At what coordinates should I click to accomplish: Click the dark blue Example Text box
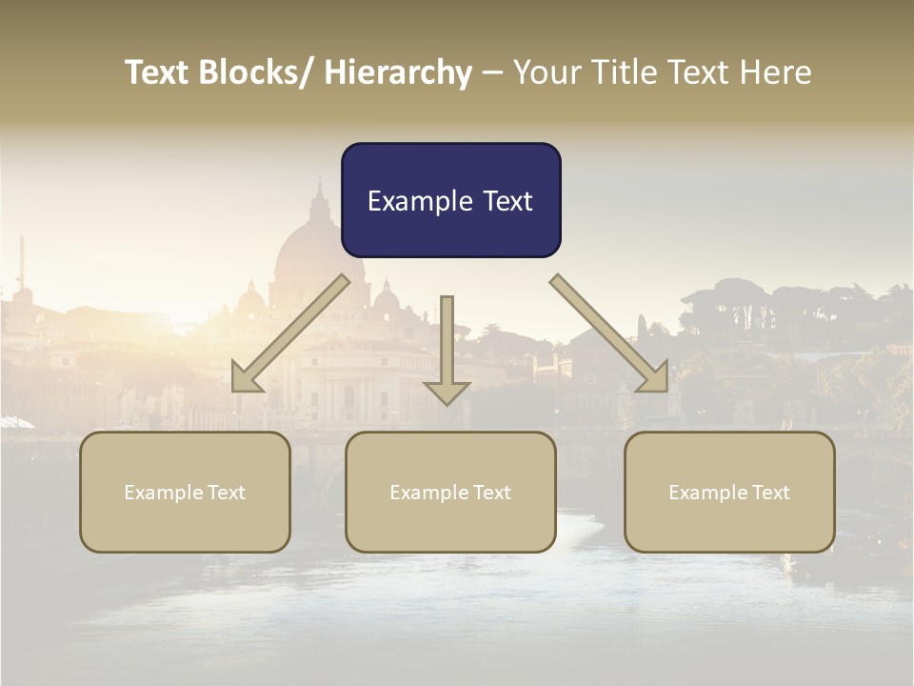pos(450,200)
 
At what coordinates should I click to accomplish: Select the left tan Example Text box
pos(185,492)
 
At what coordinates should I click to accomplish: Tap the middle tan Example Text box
pos(450,492)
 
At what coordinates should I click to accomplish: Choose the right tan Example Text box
pos(729,492)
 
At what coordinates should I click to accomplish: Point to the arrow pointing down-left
pos(290,333)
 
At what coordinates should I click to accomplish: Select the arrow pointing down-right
pos(609,333)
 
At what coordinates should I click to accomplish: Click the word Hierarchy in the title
pos(398,72)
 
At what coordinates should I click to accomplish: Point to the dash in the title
pos(492,73)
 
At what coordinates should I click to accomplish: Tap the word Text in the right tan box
pos(768,492)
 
